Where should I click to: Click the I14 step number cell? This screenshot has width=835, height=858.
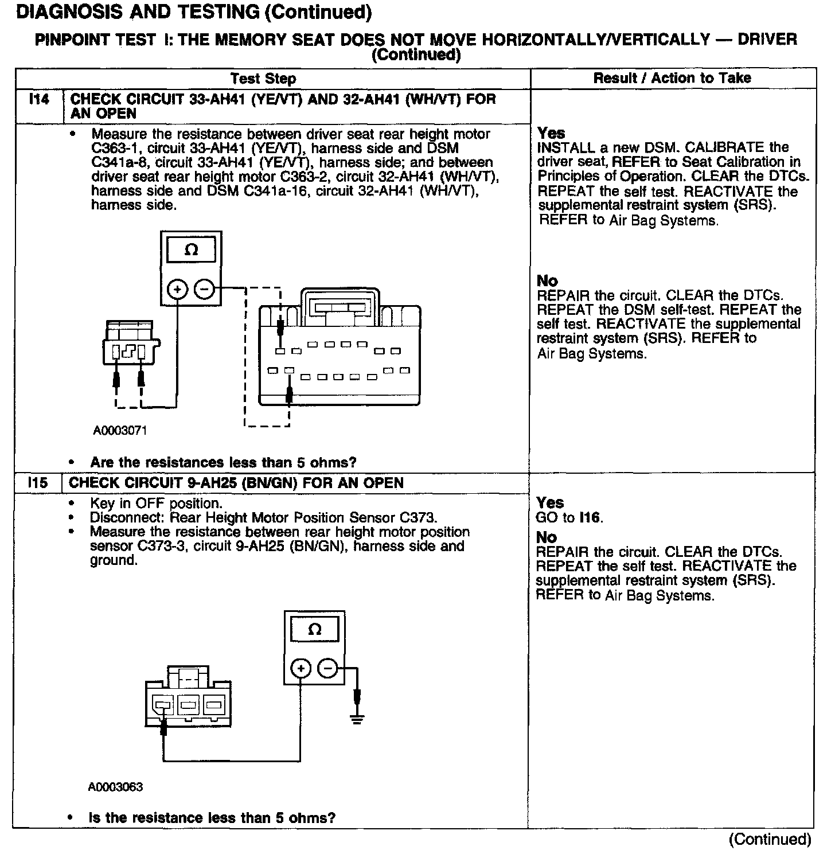coord(39,100)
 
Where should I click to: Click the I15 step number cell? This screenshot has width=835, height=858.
coord(38,483)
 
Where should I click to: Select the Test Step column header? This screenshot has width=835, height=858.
coord(263,79)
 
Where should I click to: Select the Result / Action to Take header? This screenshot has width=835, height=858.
coord(672,78)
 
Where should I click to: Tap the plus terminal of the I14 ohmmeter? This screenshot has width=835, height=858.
coord(178,290)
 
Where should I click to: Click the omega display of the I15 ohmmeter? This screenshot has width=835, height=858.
coord(314,630)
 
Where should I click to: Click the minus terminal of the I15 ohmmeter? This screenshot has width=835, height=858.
coord(328,668)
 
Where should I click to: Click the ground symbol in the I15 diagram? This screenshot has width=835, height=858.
coord(357,719)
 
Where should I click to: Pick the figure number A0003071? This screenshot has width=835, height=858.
coord(120,431)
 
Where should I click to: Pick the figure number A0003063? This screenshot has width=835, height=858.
coord(115,787)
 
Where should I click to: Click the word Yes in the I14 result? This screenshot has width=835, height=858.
coord(551,133)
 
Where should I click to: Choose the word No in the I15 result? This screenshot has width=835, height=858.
coord(547,537)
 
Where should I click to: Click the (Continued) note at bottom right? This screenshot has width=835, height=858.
coord(770,840)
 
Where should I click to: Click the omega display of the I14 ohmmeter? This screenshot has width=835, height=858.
coord(192,251)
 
